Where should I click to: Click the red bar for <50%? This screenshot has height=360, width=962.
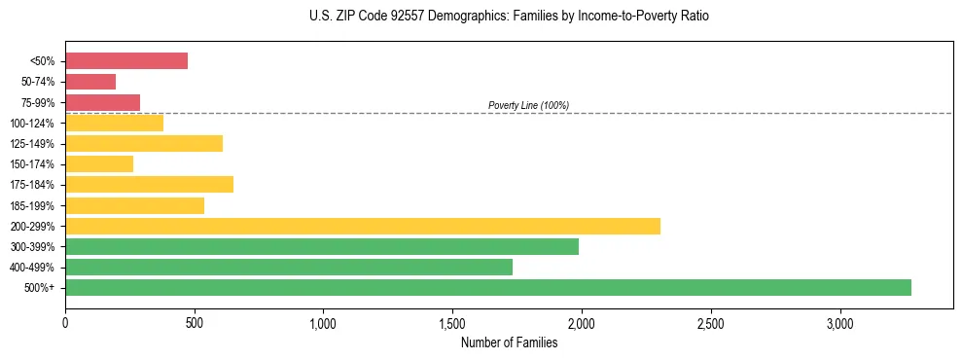tap(126, 60)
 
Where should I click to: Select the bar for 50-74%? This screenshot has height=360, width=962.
tap(90, 82)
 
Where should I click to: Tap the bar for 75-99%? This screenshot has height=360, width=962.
tap(102, 102)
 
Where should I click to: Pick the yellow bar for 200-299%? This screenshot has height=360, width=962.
tap(363, 226)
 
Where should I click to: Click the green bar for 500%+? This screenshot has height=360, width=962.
tap(488, 287)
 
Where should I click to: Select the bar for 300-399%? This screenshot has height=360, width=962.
tap(322, 246)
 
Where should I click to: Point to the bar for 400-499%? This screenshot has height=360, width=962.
tap(289, 267)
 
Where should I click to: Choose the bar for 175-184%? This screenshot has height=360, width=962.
tap(149, 185)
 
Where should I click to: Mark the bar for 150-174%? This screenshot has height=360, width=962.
tap(99, 164)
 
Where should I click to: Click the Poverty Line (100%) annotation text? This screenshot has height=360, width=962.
tap(528, 105)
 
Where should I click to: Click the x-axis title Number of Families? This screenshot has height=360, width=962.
tap(509, 342)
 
